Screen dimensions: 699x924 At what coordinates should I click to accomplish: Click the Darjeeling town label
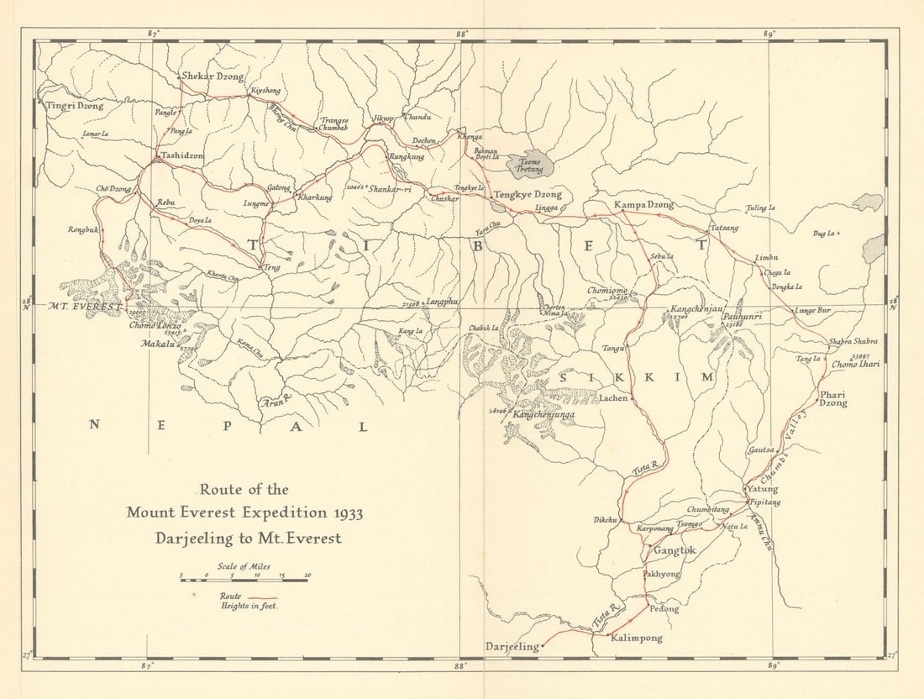point(512,646)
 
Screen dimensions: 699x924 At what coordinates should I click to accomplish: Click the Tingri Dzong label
point(75,106)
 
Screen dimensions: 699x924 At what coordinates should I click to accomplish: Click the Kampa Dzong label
point(643,205)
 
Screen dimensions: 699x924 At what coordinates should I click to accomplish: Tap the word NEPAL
point(228,426)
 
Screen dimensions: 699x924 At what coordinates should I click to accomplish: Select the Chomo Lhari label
point(856,365)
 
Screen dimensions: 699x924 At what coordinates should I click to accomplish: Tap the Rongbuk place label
point(84,229)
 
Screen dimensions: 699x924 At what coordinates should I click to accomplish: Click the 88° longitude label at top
point(461,33)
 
